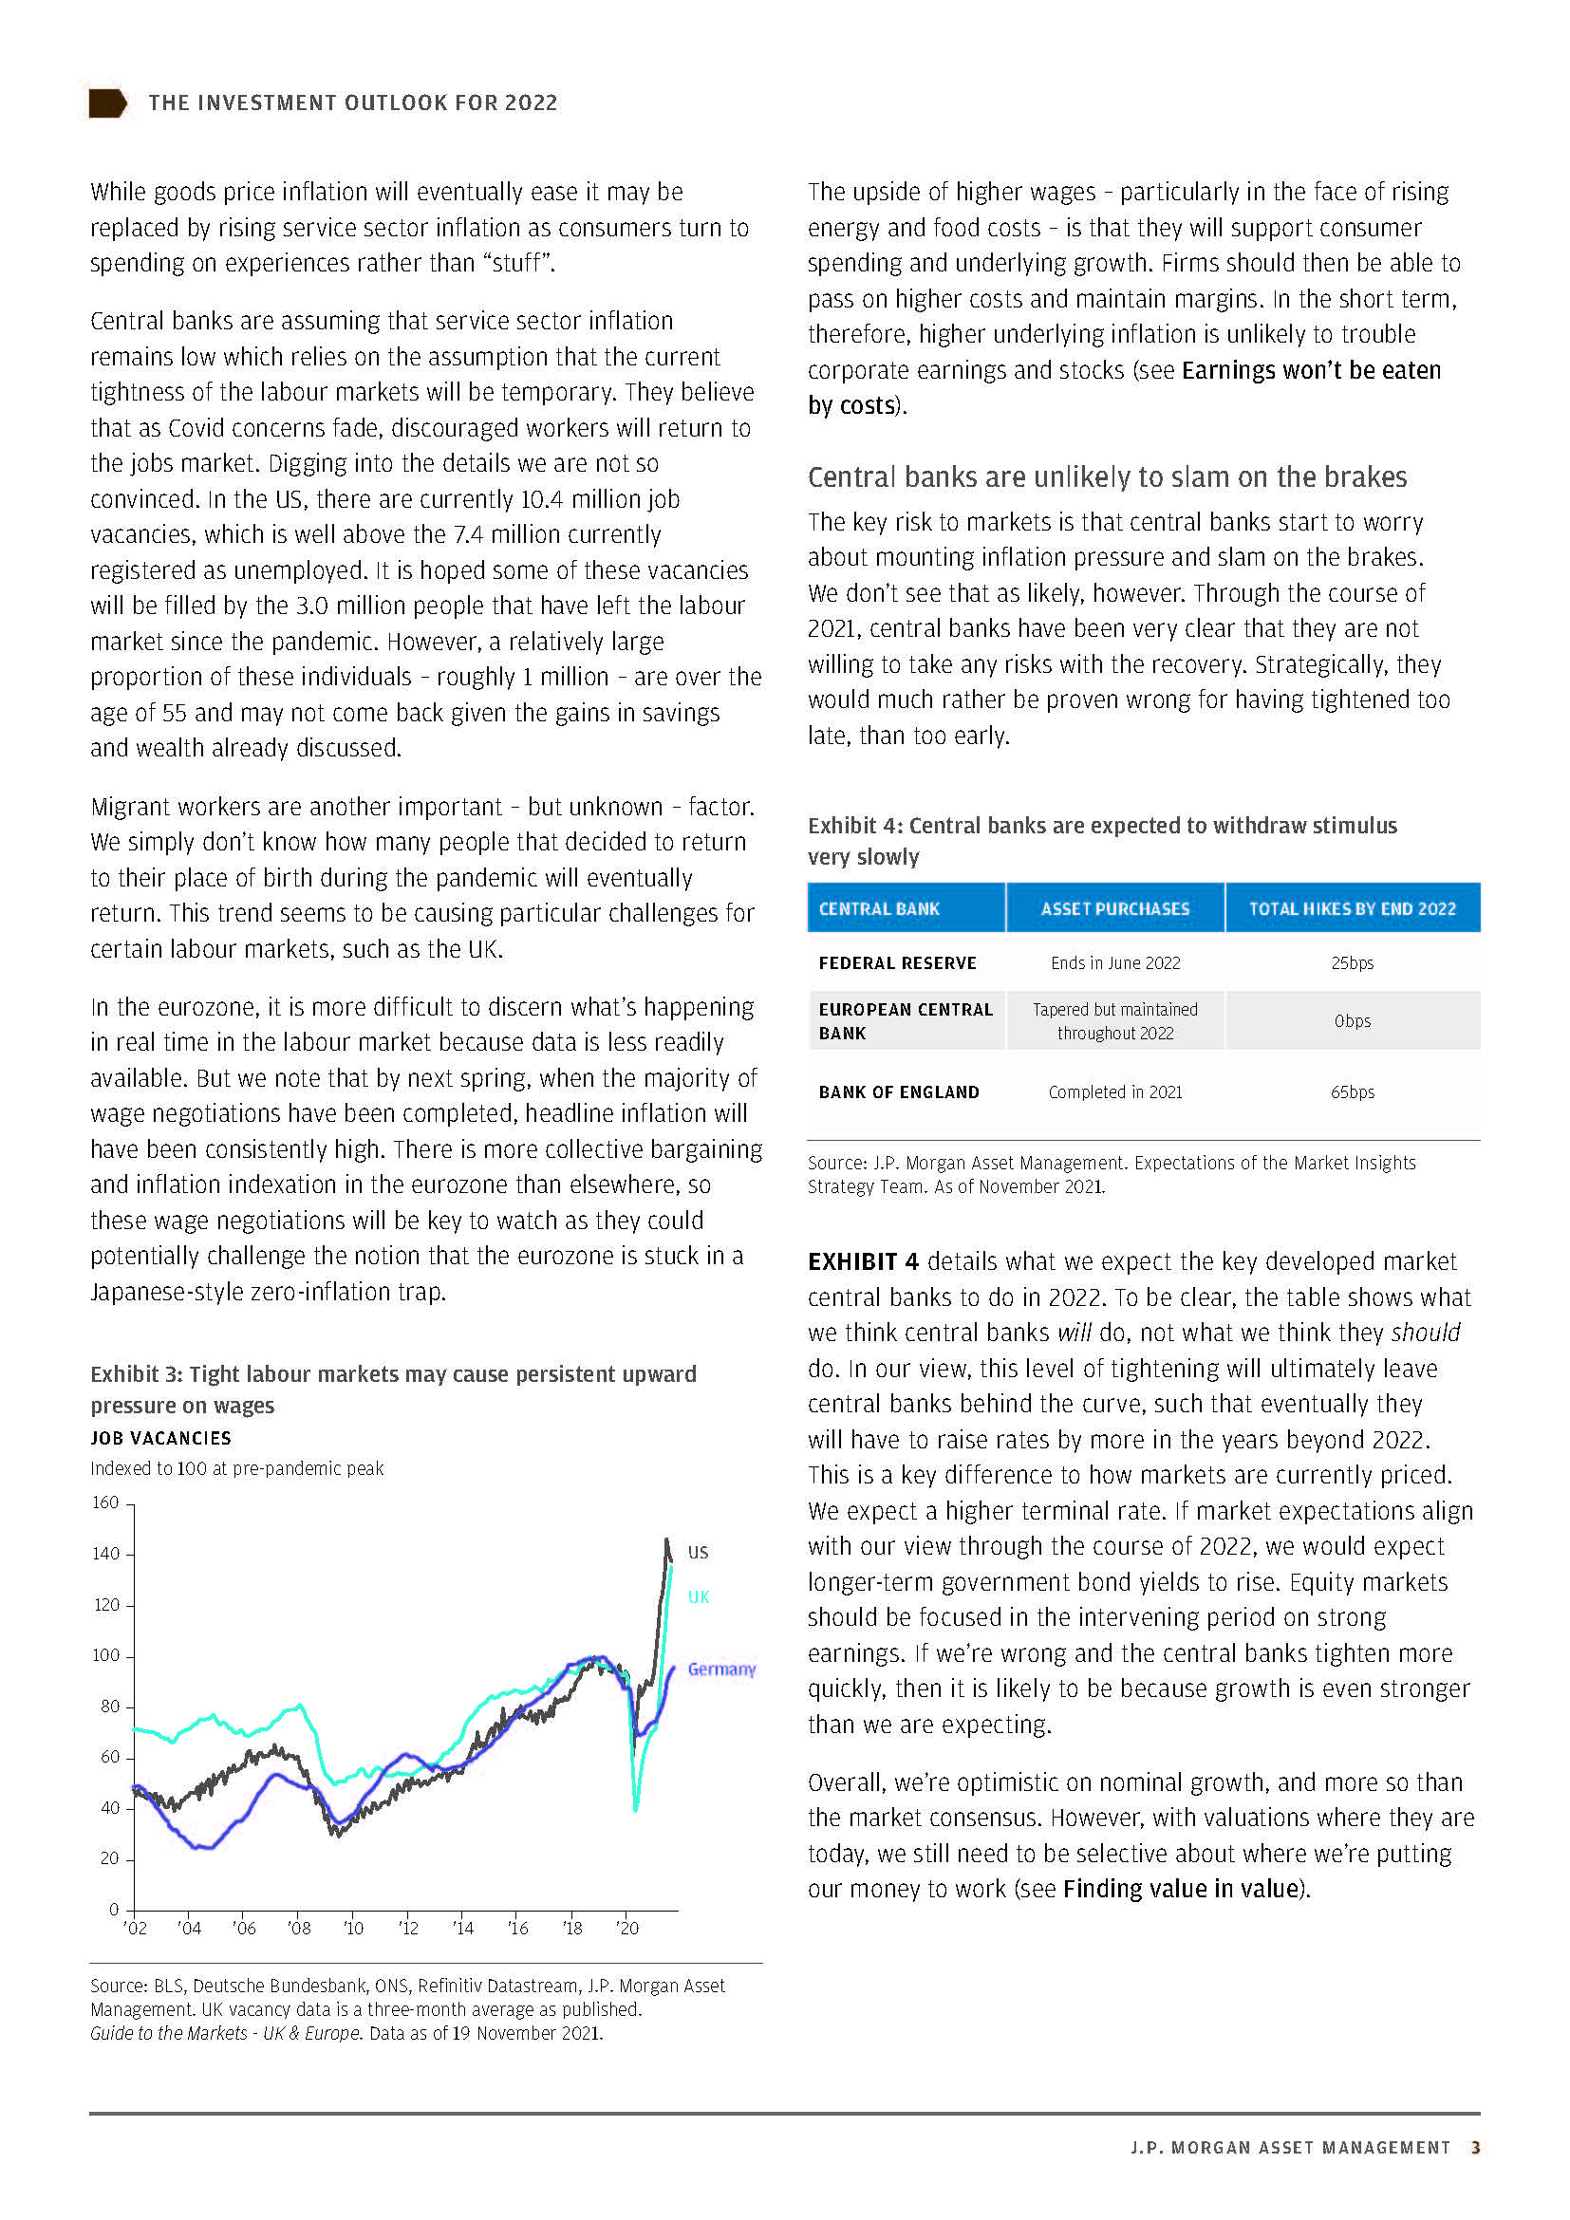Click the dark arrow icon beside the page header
(x=107, y=103)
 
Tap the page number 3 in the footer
(x=1475, y=2148)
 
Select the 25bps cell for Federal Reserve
(x=1352, y=963)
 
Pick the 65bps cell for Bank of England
(x=1352, y=1091)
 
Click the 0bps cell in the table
(x=1352, y=1021)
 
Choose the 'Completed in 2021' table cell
(x=1114, y=1091)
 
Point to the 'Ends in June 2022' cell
(x=1114, y=963)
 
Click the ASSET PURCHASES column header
(x=1114, y=909)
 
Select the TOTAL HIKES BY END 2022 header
(x=1352, y=909)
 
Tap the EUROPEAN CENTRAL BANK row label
(x=905, y=1021)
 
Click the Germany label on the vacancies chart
(x=721, y=1669)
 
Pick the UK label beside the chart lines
(x=698, y=1596)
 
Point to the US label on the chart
(x=698, y=1552)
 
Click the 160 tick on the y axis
(x=105, y=1502)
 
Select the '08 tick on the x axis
(x=299, y=1928)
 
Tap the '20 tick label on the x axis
(x=626, y=1928)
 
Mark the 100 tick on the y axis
(x=105, y=1655)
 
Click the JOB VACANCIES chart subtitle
(x=160, y=1438)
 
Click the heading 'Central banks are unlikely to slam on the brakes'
(x=1107, y=476)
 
